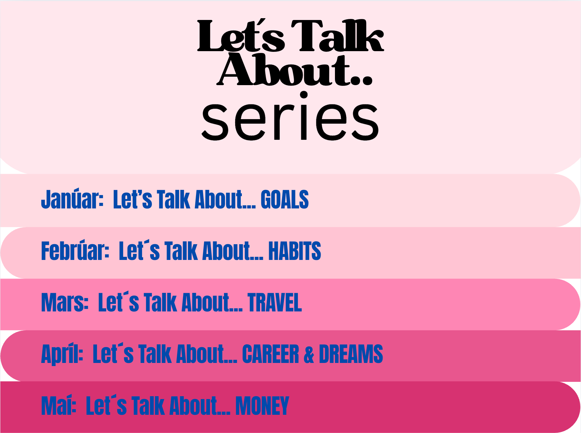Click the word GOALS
click(285, 200)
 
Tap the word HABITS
click(294, 251)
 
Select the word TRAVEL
click(274, 303)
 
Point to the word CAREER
click(270, 354)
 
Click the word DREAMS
click(351, 354)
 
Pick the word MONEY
click(262, 406)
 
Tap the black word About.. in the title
click(294, 69)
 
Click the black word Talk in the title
click(337, 35)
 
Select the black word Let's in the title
click(241, 35)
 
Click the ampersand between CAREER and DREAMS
click(309, 354)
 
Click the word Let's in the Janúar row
click(132, 200)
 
